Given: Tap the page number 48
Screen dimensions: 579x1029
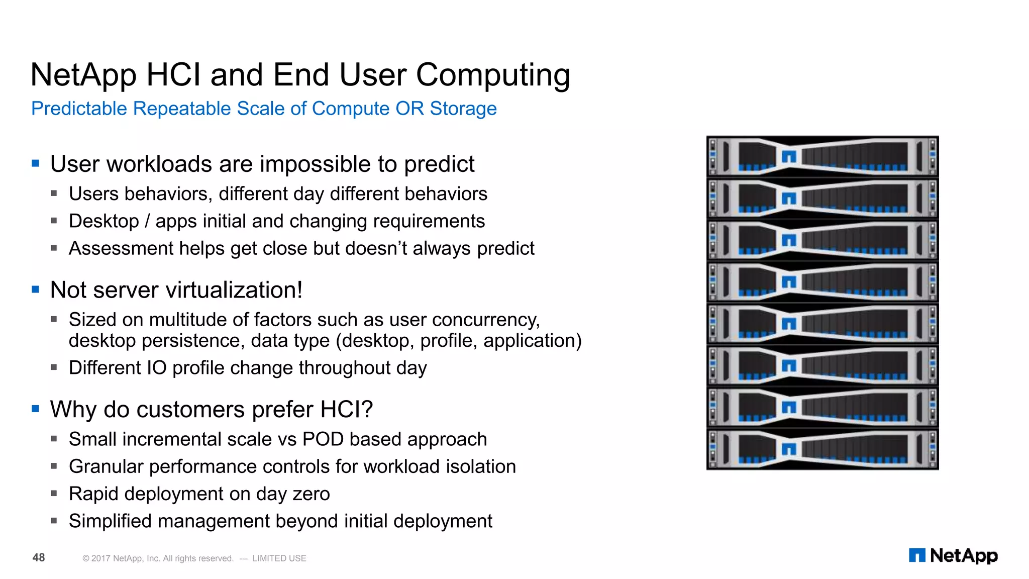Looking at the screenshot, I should (39, 557).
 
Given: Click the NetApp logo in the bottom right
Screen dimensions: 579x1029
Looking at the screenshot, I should (953, 555).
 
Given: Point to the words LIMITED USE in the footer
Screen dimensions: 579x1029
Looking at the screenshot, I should (279, 558).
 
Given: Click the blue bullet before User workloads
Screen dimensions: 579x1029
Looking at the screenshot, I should (35, 163).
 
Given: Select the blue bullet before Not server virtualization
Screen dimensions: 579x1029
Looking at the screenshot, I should (35, 289).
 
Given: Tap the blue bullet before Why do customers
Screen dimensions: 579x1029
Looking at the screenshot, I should (35, 409).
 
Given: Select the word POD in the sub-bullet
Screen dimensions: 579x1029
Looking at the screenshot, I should (323, 439).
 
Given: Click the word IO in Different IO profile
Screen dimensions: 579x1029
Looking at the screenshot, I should (156, 368).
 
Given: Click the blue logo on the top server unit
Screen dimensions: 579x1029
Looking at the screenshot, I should (789, 157).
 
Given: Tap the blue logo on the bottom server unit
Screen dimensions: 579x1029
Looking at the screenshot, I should (789, 448).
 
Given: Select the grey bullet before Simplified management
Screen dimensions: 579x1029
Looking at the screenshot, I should (54, 521).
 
